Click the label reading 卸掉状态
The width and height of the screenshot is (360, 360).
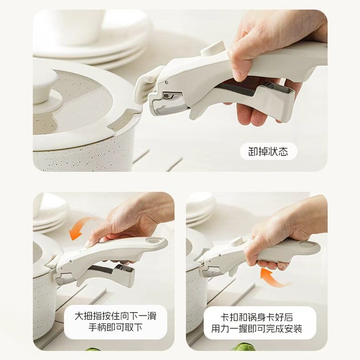268,151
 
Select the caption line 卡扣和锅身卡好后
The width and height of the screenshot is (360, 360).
257,316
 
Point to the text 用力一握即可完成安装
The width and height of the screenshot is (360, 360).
257,329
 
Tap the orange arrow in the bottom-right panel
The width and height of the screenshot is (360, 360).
274,278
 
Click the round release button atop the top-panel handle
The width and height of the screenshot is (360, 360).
213,48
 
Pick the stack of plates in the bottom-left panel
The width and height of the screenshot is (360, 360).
49,212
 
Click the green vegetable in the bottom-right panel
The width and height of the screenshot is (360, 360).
244,348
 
